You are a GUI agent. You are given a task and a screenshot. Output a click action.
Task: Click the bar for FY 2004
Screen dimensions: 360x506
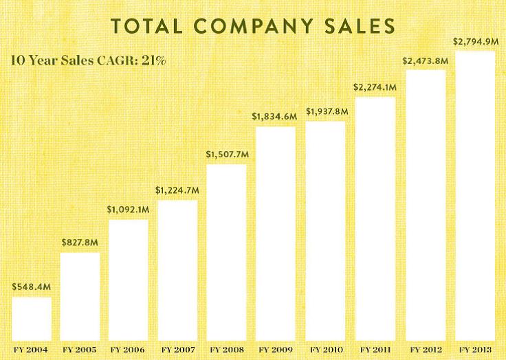[32, 319]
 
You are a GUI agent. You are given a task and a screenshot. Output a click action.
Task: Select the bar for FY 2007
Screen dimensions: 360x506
[177, 270]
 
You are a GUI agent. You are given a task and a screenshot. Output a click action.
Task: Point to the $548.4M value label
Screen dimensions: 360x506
[31, 286]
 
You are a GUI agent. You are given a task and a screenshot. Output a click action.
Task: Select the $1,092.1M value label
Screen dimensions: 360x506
[128, 209]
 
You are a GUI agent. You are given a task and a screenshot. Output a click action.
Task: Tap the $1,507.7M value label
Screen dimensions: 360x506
[227, 154]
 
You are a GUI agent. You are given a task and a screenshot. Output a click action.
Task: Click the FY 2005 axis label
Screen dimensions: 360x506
[80, 350]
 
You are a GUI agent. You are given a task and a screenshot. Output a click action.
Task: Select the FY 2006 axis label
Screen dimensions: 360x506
[129, 350]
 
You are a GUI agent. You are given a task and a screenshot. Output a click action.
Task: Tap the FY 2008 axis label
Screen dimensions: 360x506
[227, 350]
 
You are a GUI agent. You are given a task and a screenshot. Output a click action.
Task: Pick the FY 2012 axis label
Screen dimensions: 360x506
[426, 350]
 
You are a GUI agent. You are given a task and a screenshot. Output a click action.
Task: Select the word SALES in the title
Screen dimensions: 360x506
[362, 26]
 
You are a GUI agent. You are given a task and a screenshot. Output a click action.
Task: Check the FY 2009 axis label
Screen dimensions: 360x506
[276, 350]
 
